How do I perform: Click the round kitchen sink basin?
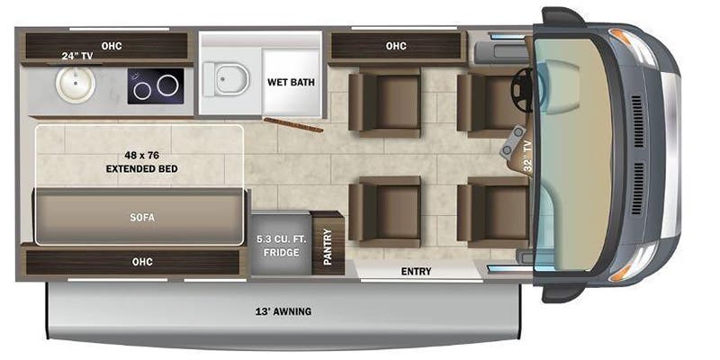(76, 85)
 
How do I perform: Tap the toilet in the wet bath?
(227, 79)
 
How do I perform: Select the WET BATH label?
(291, 83)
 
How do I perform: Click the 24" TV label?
(77, 57)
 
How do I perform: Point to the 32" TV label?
(527, 157)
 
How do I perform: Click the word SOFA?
(142, 218)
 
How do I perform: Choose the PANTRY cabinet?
(328, 243)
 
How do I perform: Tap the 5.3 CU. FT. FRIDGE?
(281, 243)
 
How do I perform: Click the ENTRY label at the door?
(416, 272)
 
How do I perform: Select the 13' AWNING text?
(283, 311)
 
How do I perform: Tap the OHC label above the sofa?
(142, 262)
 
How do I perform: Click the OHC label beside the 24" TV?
(111, 46)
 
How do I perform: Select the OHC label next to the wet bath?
(396, 46)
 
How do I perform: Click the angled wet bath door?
(293, 124)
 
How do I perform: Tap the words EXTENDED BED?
(141, 169)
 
